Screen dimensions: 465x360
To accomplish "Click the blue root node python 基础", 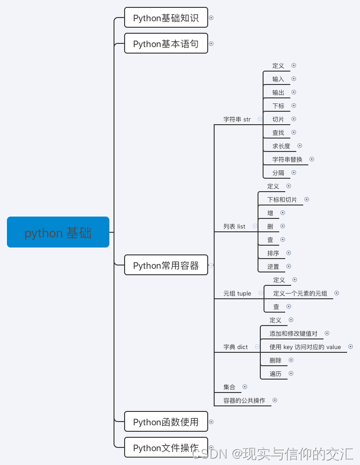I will [x=58, y=232].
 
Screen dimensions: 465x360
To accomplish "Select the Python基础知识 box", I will [x=166, y=18].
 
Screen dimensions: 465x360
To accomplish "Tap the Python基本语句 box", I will [x=166, y=43].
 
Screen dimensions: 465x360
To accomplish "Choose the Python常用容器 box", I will [x=166, y=265].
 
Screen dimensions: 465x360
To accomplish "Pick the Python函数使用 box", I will [x=166, y=422].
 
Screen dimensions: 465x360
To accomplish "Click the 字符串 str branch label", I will [x=237, y=119].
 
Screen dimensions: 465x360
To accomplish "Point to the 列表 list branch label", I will [x=234, y=226].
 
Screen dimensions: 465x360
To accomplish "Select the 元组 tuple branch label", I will [x=237, y=293].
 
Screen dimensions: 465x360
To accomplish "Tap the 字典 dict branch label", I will [x=235, y=347].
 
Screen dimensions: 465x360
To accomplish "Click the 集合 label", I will [x=229, y=387].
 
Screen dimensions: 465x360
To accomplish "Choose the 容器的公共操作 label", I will [x=244, y=400].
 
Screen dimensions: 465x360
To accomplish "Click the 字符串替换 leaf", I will [x=287, y=159].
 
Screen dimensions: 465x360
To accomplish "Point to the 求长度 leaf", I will [x=281, y=146].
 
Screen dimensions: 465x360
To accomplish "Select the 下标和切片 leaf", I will [x=282, y=199].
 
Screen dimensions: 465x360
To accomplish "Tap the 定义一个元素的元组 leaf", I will [x=300, y=293].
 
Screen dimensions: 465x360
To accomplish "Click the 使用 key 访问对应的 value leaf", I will [x=305, y=347].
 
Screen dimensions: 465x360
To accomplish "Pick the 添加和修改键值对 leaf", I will [x=294, y=333].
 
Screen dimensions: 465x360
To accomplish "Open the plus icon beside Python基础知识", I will [x=211, y=18].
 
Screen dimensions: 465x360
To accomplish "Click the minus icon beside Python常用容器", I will [x=211, y=265].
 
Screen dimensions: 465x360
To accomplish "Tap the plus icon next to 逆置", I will [x=289, y=266].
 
